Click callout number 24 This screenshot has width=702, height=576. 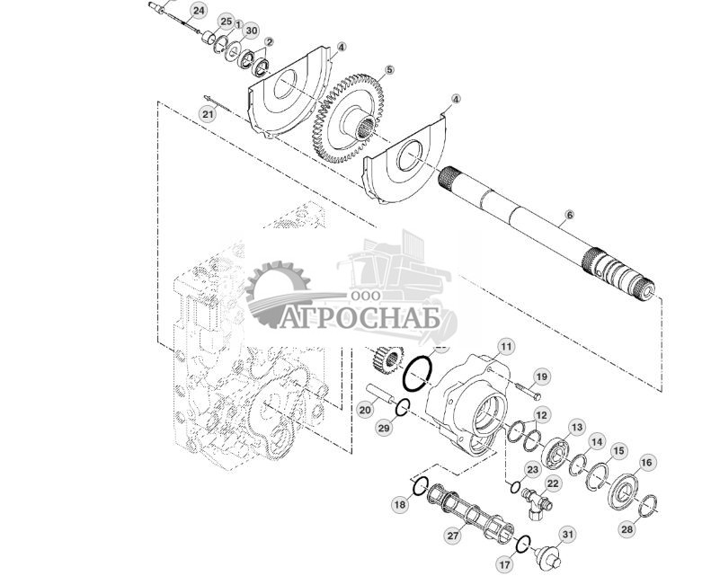198,10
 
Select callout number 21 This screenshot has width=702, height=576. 208,114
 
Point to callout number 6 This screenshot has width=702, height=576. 568,217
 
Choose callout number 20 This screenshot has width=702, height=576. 364,410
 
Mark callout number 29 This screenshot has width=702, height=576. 384,430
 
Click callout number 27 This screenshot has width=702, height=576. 452,536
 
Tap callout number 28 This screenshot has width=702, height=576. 626,530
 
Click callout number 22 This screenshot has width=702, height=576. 553,483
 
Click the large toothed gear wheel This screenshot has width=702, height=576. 346,117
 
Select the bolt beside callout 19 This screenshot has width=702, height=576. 528,392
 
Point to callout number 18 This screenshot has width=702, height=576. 399,506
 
